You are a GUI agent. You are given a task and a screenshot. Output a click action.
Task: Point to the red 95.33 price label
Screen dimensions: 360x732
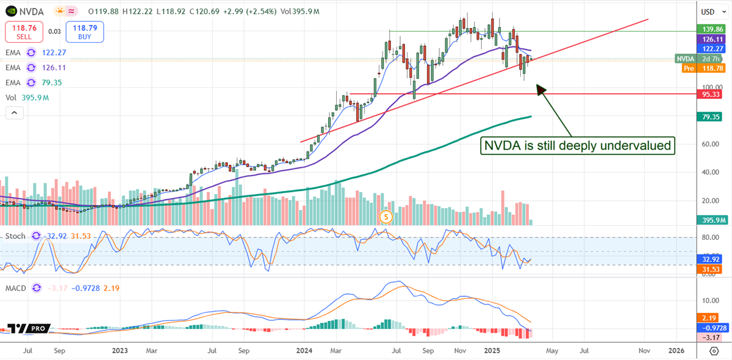(x=711, y=94)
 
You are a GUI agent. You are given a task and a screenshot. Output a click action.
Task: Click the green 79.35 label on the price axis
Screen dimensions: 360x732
(x=711, y=117)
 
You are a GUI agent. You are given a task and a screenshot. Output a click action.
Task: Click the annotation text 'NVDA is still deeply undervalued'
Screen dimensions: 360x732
(x=578, y=146)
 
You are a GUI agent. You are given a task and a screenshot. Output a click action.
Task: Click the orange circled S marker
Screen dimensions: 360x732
(x=385, y=216)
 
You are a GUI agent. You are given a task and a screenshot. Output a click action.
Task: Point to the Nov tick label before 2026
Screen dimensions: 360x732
(x=643, y=351)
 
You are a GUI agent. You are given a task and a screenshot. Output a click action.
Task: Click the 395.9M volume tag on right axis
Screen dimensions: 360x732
(x=711, y=220)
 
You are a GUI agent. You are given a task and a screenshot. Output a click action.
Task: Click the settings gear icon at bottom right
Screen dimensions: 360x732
(x=714, y=351)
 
